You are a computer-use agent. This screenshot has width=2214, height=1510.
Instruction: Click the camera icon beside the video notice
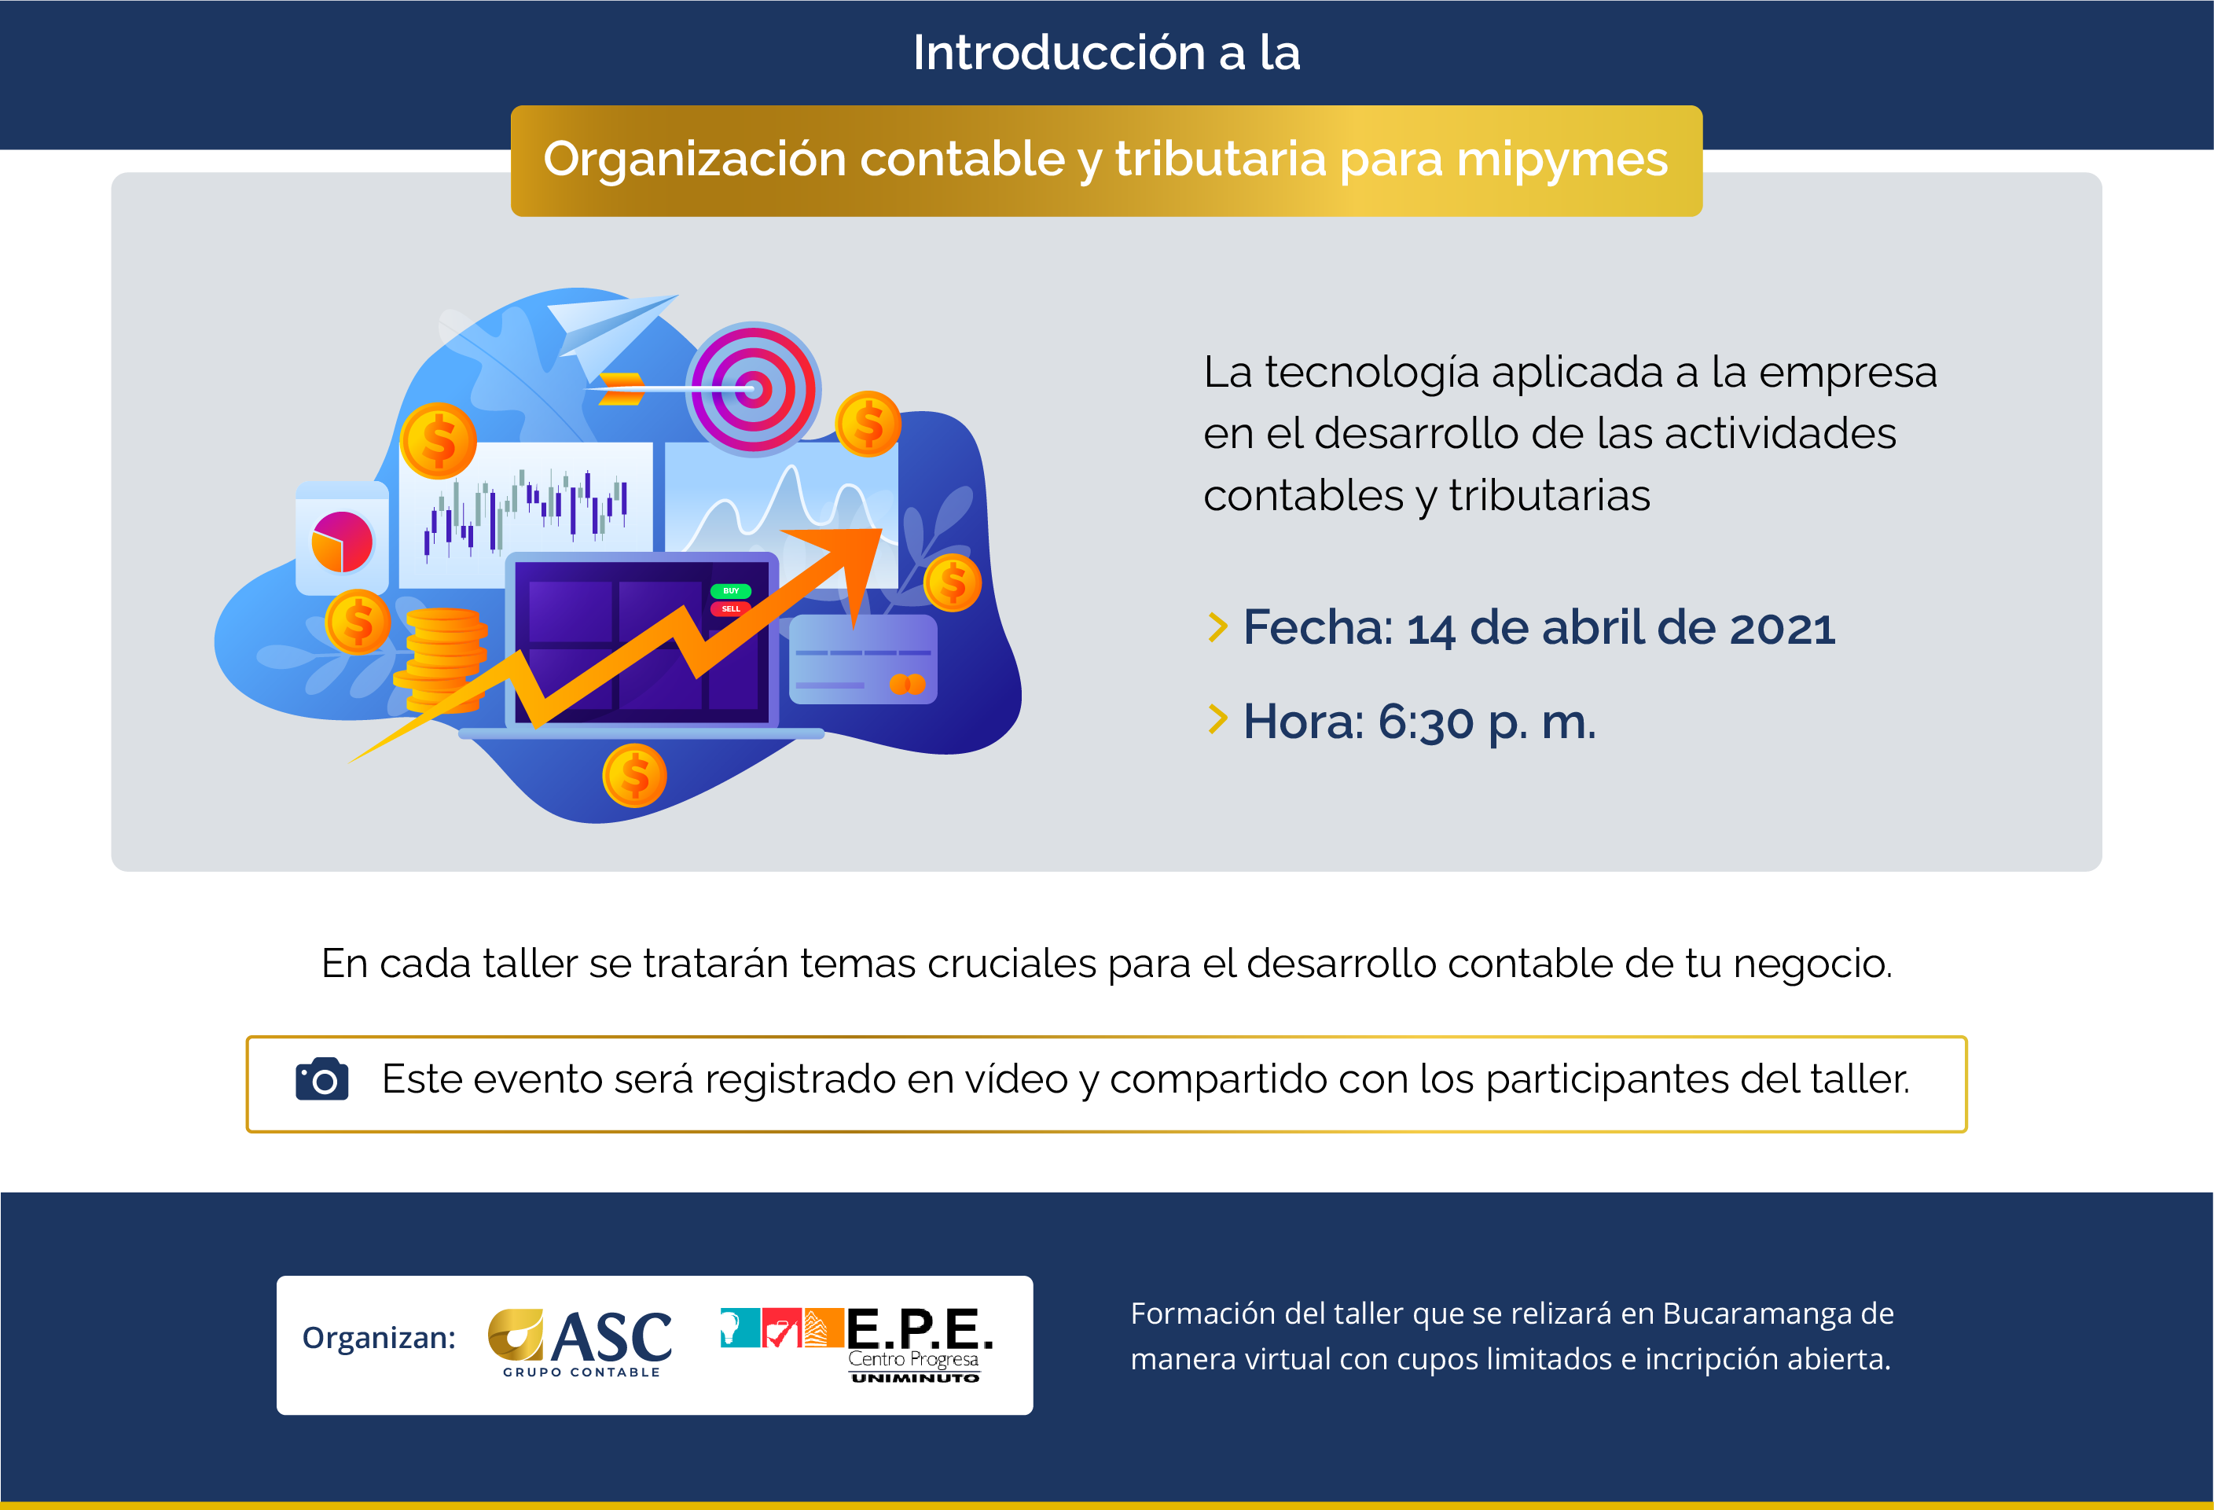(322, 1079)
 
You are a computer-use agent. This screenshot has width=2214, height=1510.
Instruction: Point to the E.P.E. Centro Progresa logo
(857, 1344)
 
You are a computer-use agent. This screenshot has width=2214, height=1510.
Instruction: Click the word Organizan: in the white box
(379, 1339)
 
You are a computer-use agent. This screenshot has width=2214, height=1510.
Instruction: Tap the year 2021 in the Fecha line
(1782, 629)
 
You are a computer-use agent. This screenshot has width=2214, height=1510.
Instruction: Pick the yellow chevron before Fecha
(1217, 626)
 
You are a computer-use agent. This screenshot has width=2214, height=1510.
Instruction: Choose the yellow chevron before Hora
(1217, 719)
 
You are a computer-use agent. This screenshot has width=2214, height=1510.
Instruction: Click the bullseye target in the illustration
(753, 388)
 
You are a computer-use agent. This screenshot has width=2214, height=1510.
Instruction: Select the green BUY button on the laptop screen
(731, 590)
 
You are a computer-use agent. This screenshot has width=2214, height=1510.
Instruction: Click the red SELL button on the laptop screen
(731, 608)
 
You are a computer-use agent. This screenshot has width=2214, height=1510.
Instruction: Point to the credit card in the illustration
(863, 659)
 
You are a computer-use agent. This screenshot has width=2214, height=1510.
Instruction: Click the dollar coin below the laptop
(634, 776)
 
